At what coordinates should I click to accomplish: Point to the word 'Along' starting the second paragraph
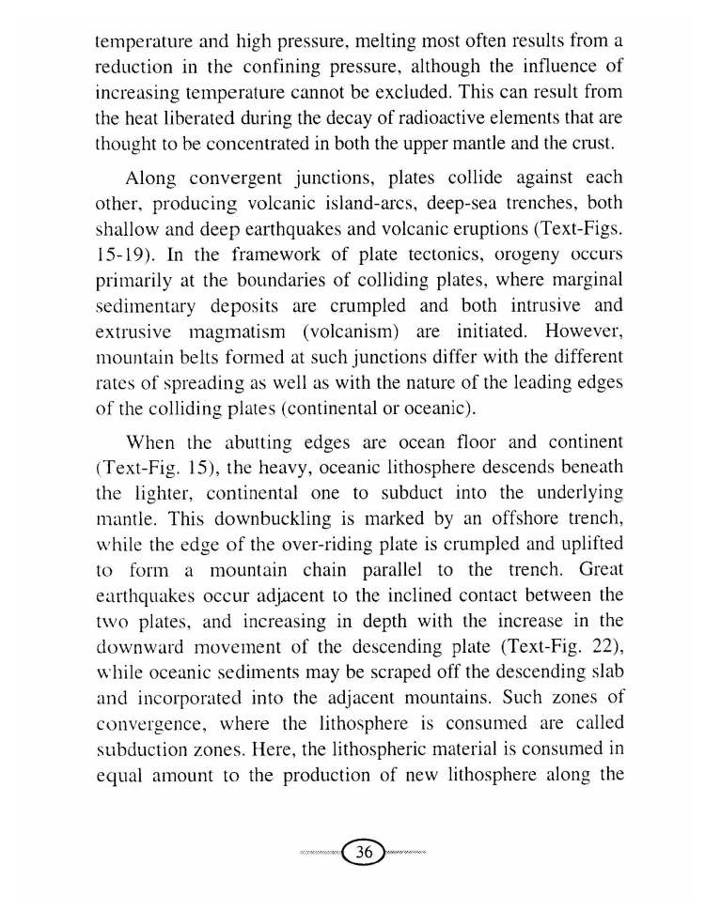(x=152, y=178)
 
